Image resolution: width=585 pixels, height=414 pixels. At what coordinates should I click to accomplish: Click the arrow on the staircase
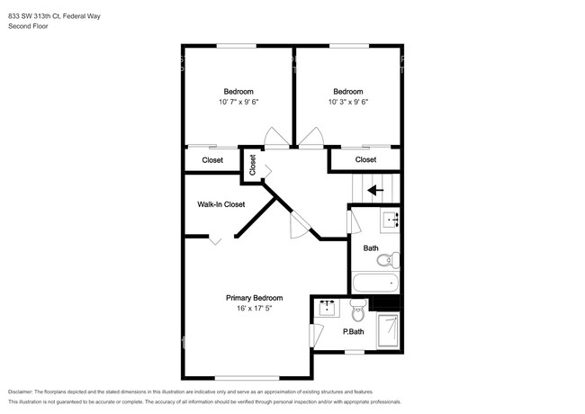point(375,190)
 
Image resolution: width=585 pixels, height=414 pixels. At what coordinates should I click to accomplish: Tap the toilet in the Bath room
point(384,261)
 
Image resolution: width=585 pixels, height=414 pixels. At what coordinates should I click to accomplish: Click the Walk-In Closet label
point(220,204)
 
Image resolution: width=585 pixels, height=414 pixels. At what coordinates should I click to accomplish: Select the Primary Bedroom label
point(254,298)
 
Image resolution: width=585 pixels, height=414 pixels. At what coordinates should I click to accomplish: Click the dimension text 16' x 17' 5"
point(254,309)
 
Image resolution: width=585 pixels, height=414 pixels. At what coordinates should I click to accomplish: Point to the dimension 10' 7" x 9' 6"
point(238,102)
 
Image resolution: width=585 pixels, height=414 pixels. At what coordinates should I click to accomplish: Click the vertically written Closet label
point(253,165)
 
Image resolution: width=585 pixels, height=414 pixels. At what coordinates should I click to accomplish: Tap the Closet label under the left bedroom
point(212,160)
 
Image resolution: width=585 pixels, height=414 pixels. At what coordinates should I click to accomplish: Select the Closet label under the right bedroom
point(365,160)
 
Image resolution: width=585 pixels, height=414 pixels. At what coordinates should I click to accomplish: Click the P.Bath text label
point(354,331)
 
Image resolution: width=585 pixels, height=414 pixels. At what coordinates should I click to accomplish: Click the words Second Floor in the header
point(29,26)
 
